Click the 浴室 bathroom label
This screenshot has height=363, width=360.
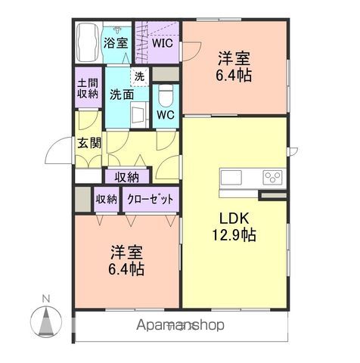(116, 44)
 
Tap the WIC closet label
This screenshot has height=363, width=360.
(163, 43)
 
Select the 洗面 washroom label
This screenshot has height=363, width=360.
(121, 95)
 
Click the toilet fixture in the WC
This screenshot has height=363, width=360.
(166, 96)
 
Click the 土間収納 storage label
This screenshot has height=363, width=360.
(88, 88)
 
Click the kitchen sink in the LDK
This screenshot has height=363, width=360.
(231, 178)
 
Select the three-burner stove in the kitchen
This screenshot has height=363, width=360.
(272, 178)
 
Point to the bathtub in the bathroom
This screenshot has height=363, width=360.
(88, 45)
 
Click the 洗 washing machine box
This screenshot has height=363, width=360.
(140, 76)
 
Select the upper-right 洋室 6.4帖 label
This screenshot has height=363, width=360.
(234, 67)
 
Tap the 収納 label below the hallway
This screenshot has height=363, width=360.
(127, 177)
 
